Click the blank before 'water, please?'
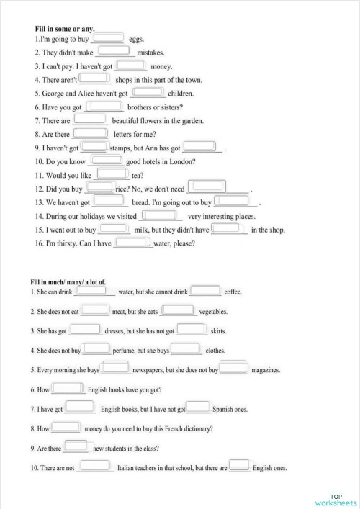(133, 242)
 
